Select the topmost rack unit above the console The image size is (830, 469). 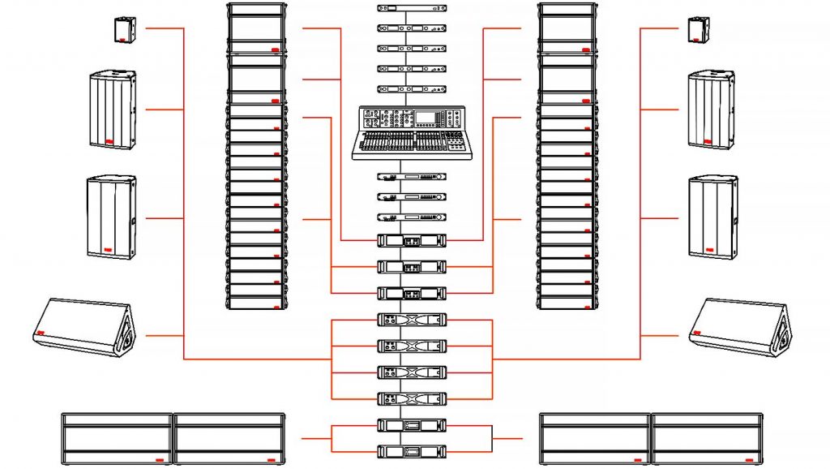tap(413, 8)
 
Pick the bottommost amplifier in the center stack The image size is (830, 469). tap(413, 450)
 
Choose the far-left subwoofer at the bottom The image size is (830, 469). tap(118, 438)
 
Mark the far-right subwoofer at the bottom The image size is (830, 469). tap(708, 438)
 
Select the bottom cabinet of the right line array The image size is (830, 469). tap(568, 303)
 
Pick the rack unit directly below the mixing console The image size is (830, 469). tap(413, 177)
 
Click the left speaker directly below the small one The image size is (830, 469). tap(112, 109)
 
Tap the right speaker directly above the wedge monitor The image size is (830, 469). tap(713, 217)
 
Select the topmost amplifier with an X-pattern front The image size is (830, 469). tap(413, 320)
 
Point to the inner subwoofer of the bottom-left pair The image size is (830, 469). tap(229, 438)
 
